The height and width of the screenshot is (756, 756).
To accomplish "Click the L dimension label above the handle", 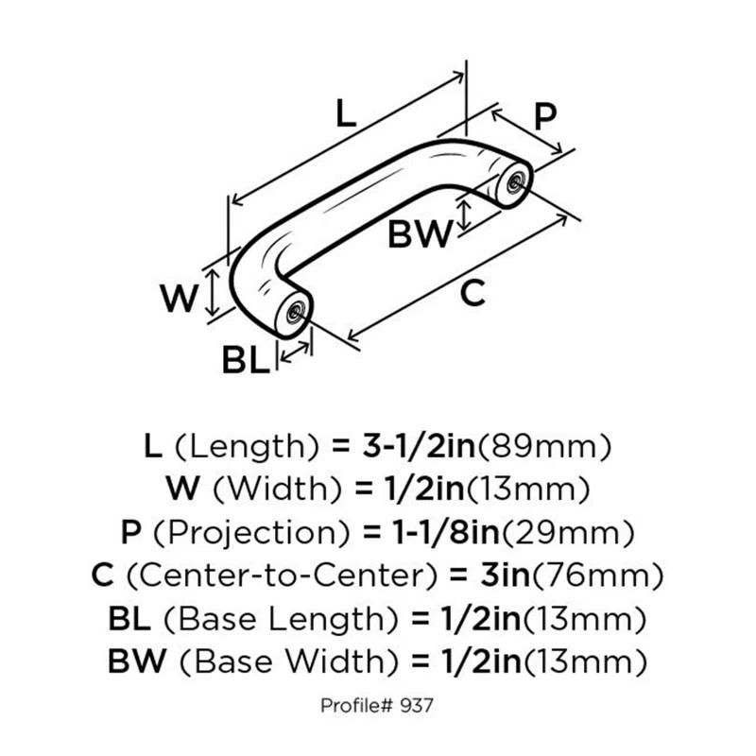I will tap(346, 115).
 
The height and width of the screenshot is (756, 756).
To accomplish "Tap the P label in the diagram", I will tap(545, 117).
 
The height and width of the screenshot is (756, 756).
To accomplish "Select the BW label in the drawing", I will tap(421, 233).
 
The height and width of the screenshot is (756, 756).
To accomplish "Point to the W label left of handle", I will tap(179, 300).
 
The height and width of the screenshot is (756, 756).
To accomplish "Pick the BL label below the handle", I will tap(245, 361).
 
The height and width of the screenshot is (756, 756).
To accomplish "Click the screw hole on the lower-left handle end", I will tap(297, 311).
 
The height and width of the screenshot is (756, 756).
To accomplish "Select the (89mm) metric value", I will tap(558, 445).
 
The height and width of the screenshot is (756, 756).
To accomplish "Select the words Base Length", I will tap(283, 620).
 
